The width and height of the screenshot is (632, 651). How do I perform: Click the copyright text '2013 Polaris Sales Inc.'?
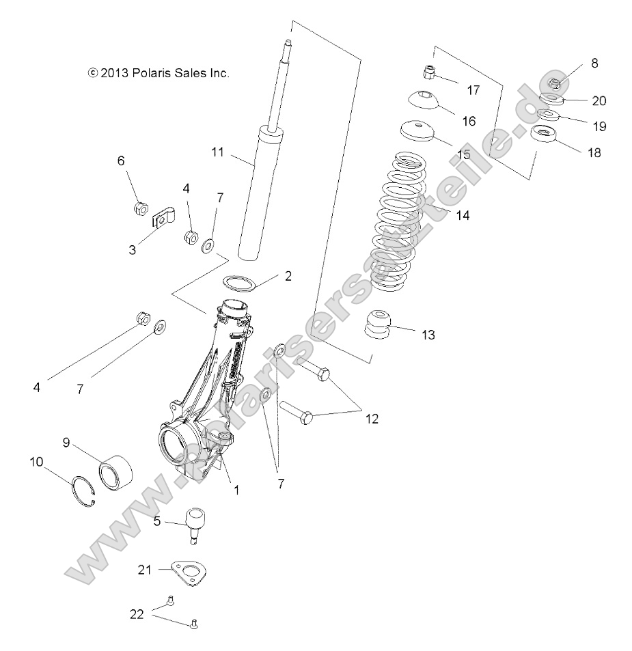click(159, 72)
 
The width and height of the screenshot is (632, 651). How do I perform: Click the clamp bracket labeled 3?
click(162, 219)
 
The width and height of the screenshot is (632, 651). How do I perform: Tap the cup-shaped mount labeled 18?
click(547, 137)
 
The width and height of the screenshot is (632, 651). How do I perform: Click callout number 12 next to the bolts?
click(372, 418)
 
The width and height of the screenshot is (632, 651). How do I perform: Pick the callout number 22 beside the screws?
click(137, 613)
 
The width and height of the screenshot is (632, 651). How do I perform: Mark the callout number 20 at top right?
click(599, 100)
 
